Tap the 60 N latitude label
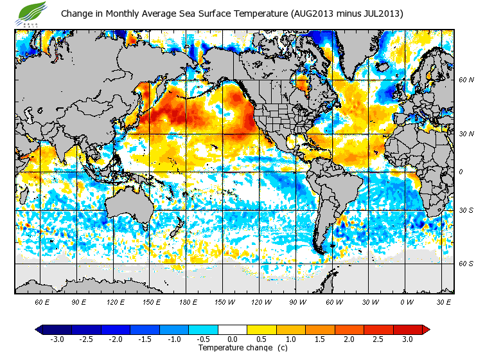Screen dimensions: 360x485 466,80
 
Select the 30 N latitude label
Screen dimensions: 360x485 466,133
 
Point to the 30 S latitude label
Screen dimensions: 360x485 466,210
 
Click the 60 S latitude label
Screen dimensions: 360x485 466,264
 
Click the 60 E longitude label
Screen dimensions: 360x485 42,301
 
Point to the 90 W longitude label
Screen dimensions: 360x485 297,301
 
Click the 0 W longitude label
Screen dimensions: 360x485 406,301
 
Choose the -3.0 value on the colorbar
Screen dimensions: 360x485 57,339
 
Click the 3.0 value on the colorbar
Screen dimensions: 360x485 407,339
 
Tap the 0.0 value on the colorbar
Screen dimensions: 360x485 232,339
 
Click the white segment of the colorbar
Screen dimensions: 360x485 232,329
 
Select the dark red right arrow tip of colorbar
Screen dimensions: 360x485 426,329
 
